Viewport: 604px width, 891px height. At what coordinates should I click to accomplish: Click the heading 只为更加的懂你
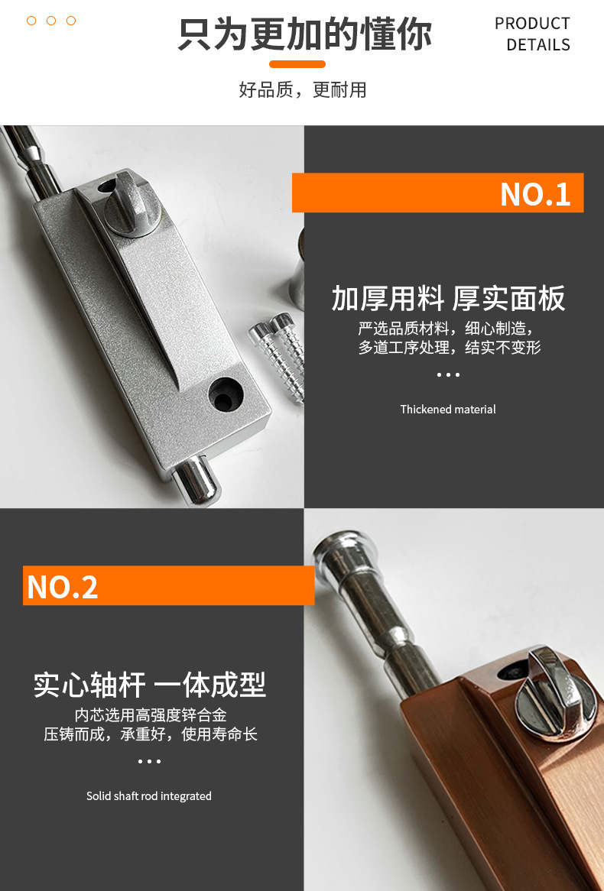pyautogui.click(x=304, y=34)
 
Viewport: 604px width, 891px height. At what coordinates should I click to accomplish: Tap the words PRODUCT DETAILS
pyautogui.click(x=532, y=34)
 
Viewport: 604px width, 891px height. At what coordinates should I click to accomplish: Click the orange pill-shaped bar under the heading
pyautogui.click(x=297, y=64)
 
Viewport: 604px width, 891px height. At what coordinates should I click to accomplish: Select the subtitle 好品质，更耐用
pyautogui.click(x=303, y=89)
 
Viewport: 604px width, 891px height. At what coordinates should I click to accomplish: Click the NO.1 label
pyautogui.click(x=535, y=194)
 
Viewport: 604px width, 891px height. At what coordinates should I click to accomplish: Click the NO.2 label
pyautogui.click(x=63, y=587)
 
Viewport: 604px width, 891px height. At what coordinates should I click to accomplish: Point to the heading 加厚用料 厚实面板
pyautogui.click(x=448, y=298)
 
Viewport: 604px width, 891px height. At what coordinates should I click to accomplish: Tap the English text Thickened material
pyautogui.click(x=448, y=409)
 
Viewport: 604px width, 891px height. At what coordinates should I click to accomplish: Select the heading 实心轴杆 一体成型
pyautogui.click(x=150, y=684)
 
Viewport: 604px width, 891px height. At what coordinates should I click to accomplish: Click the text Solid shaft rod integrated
pyautogui.click(x=149, y=796)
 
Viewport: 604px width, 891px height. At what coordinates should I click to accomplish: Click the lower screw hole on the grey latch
pyautogui.click(x=226, y=395)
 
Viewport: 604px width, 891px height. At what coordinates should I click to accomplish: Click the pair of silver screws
pyautogui.click(x=279, y=355)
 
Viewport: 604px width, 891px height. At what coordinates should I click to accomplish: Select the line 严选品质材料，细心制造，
pyautogui.click(x=447, y=329)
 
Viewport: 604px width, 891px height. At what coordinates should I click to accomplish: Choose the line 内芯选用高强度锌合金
pyautogui.click(x=151, y=714)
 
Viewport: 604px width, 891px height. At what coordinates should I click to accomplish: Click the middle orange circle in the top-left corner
pyautogui.click(x=51, y=21)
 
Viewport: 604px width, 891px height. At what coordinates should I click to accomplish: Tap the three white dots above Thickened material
pyautogui.click(x=448, y=374)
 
